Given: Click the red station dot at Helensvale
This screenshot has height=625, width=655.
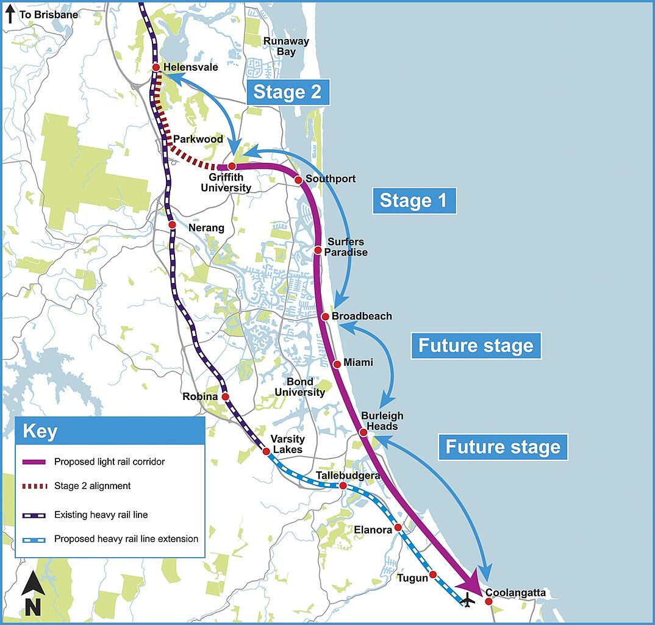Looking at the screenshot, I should tap(156, 67).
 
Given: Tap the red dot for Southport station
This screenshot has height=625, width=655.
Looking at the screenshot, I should tap(298, 179).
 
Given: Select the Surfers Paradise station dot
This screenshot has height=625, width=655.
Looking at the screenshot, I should tap(318, 250).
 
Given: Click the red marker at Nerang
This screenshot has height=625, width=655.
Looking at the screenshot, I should tap(172, 224).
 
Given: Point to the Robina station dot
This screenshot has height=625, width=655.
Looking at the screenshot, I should tap(225, 396).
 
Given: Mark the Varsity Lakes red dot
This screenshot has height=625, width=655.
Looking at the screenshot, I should tap(267, 451).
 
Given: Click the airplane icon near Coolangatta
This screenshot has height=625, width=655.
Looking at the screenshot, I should tap(468, 600).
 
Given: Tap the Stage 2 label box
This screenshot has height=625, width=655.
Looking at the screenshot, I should tap(288, 92).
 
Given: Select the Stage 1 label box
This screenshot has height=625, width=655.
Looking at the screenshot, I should tap(414, 201).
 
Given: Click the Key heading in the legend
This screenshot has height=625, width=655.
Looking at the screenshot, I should tap(40, 432).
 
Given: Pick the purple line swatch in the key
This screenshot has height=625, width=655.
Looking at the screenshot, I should tap(33, 462).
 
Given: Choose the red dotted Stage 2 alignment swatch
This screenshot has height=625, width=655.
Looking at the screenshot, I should tap(33, 487).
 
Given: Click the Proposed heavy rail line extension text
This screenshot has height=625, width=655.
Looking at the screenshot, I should tap(126, 539).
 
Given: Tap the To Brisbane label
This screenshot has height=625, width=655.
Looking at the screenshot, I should tap(48, 14).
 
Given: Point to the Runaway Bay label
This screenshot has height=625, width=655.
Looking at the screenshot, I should tap(285, 46).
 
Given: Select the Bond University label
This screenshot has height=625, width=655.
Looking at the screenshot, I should tap(299, 387).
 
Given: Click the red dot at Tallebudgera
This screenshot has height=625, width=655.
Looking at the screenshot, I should tap(343, 485).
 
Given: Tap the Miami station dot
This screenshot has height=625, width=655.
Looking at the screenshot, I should tap(337, 363).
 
